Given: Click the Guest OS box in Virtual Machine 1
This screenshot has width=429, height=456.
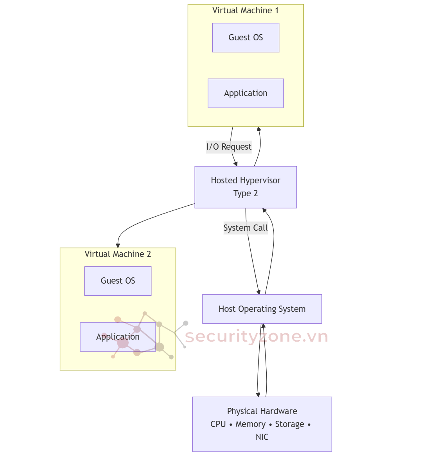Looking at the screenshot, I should (246, 38).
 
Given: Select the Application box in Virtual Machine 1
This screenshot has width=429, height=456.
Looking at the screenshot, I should (246, 93).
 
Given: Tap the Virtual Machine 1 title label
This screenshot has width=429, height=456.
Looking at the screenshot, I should (246, 11).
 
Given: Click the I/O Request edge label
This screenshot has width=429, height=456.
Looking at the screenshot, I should (229, 147).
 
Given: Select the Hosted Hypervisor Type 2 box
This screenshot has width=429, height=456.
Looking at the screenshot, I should (246, 187).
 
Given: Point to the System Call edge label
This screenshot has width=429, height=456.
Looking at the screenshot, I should (246, 228).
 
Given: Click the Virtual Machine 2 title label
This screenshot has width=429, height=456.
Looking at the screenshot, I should (118, 254).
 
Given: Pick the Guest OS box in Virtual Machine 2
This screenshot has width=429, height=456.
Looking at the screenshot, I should (118, 281).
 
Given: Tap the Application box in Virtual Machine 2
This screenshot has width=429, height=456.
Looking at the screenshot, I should (118, 337).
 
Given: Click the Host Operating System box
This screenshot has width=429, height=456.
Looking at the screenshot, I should (262, 309).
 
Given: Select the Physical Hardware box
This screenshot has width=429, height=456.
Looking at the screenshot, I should (262, 424).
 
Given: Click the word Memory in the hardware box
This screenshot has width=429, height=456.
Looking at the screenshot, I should (250, 424).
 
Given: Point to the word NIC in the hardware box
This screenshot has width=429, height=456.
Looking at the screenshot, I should (262, 437).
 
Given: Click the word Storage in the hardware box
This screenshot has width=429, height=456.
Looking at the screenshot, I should (289, 424).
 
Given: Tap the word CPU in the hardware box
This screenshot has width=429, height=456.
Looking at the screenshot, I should (218, 424).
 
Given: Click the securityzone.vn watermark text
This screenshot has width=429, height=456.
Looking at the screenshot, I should (256, 337).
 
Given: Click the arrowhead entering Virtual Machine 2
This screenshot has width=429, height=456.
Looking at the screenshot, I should (118, 245).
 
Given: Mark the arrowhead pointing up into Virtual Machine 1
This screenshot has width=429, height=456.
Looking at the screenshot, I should (258, 129).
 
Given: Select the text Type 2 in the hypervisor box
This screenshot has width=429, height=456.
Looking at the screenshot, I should (246, 194).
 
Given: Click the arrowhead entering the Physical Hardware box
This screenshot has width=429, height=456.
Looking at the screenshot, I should (258, 394).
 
